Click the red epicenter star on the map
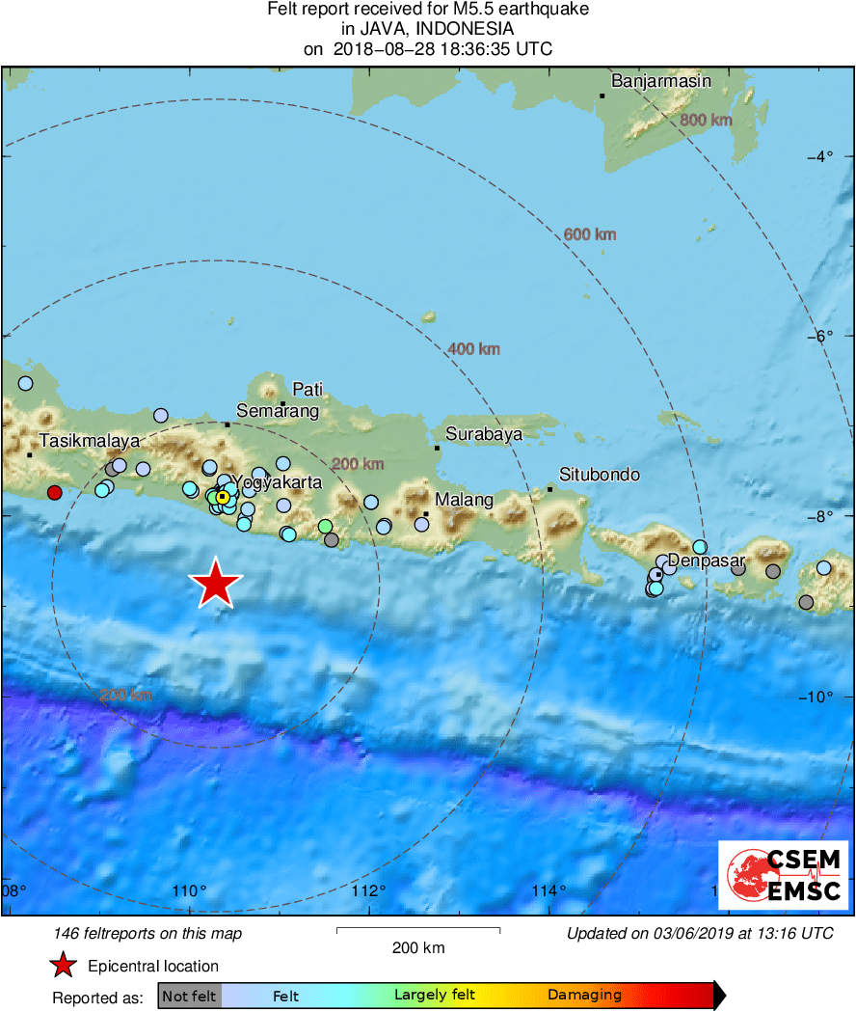click(216, 583)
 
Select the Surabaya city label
click(484, 434)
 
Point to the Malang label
click(464, 500)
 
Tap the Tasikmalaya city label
click(89, 441)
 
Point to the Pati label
click(308, 390)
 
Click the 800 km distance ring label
click(706, 121)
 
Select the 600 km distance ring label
click(590, 234)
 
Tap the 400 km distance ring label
click(474, 349)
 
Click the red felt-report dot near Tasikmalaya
click(55, 493)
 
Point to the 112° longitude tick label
click(369, 889)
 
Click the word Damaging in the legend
click(584, 996)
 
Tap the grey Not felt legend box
click(189, 996)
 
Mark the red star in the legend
click(63, 966)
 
